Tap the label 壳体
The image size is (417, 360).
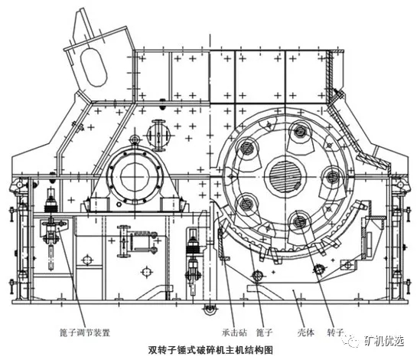pyautogui.click(x=297, y=333)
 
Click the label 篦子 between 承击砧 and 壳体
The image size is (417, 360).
pyautogui.click(x=266, y=333)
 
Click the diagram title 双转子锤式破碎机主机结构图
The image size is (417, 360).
pyautogui.click(x=208, y=350)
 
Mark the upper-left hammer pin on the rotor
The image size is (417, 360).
pyautogui.click(x=249, y=146)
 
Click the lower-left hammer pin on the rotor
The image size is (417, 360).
pyautogui.click(x=246, y=202)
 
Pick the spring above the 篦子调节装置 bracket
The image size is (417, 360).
pyautogui.click(x=51, y=204)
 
